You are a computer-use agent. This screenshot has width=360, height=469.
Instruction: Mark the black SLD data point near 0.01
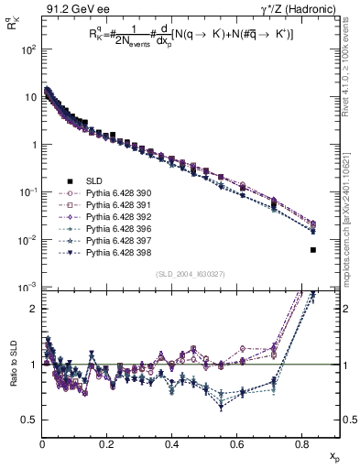pos(313,249)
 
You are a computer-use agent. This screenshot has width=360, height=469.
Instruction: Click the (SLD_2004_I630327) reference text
pos(188,274)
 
